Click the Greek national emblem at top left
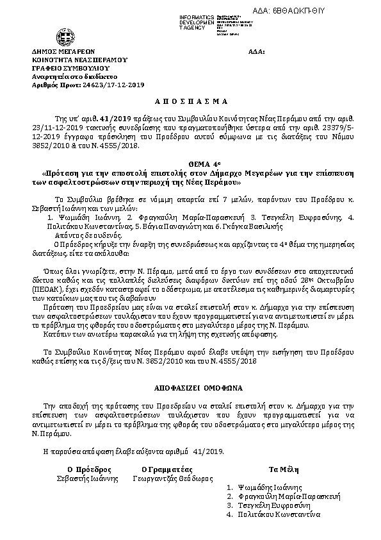click(x=65, y=36)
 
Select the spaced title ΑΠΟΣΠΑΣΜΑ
click(x=190, y=102)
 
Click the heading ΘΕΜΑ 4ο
click(x=190, y=164)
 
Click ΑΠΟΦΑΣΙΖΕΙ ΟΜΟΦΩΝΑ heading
click(x=190, y=389)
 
